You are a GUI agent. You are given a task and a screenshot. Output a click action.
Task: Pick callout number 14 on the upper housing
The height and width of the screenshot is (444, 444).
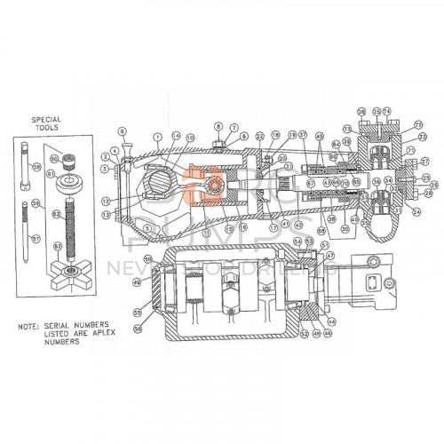[x=176, y=136]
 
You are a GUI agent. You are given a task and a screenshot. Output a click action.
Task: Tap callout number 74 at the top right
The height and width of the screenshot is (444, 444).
[x=387, y=111]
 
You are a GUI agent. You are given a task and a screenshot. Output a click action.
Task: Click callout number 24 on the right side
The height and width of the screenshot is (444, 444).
[x=416, y=213]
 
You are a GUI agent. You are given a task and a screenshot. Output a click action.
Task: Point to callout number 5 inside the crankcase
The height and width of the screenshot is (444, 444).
[x=145, y=226]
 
